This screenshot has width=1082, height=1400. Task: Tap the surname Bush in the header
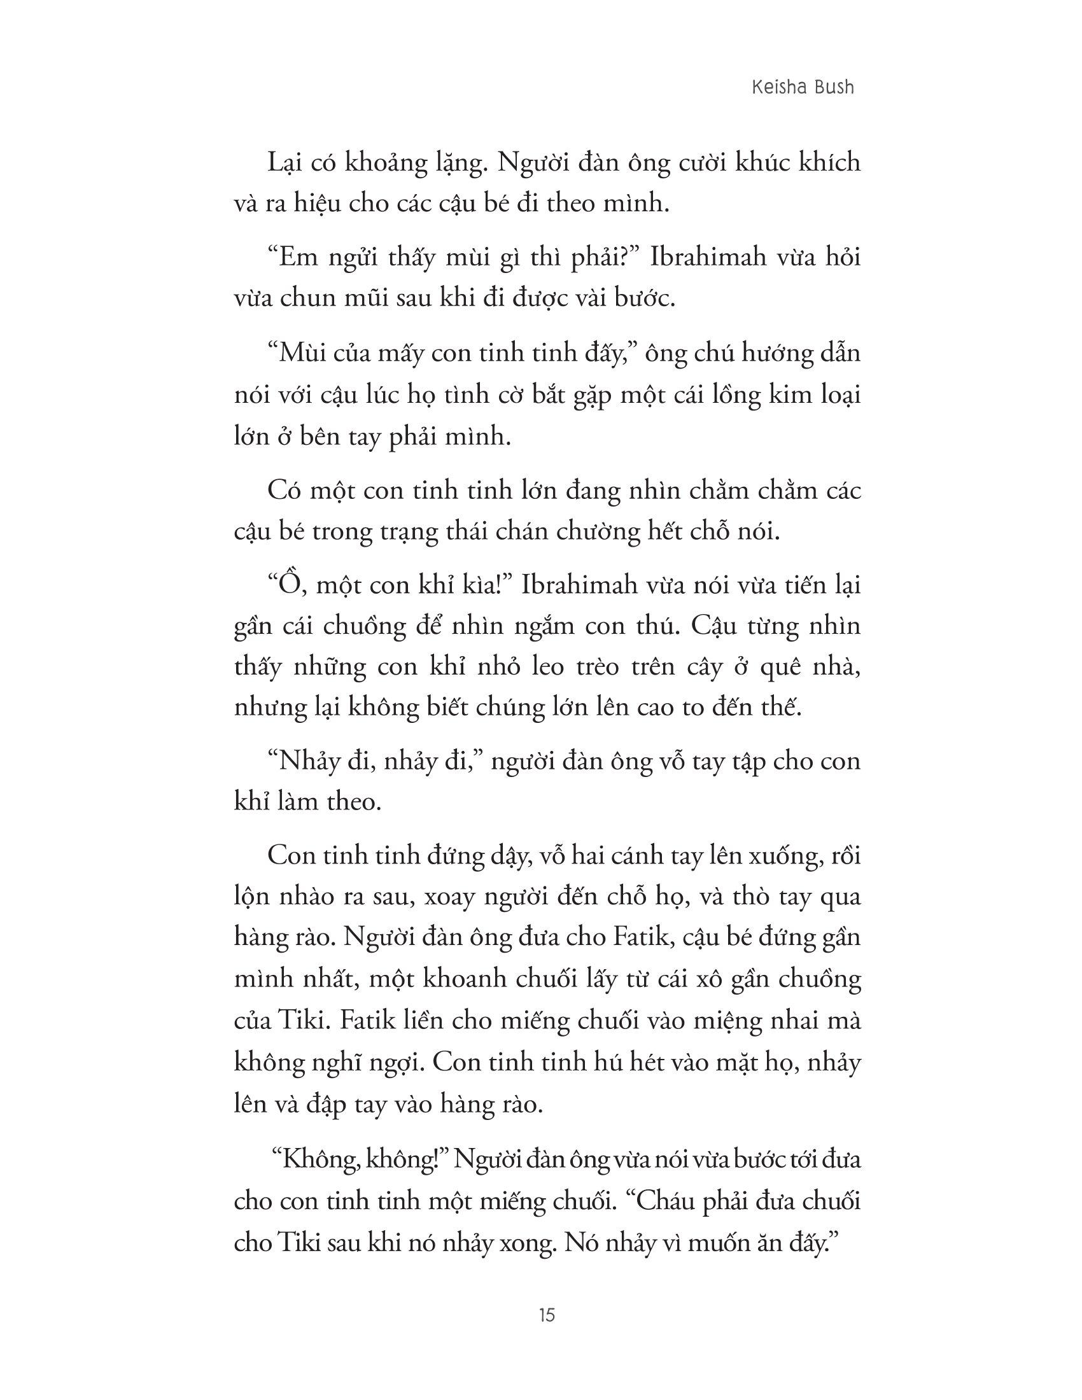coord(833,87)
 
